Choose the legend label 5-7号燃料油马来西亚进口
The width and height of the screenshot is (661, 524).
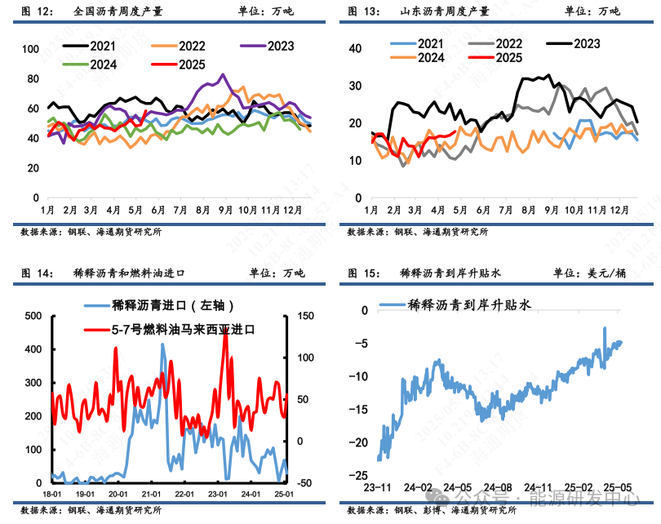pyautogui.click(x=183, y=330)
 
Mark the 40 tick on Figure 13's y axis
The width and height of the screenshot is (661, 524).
pyautogui.click(x=355, y=48)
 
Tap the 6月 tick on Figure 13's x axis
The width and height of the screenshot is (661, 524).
pyautogui.click(x=483, y=209)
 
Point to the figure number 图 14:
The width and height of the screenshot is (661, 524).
pyautogui.click(x=36, y=273)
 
